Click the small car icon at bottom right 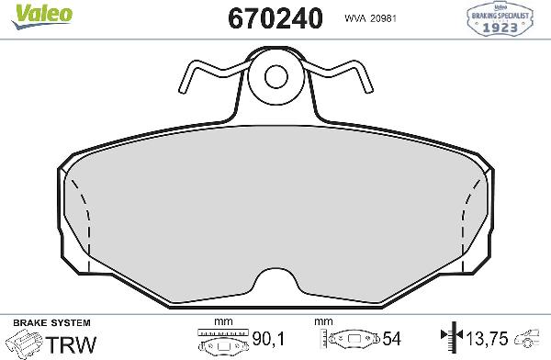click(x=531, y=338)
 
